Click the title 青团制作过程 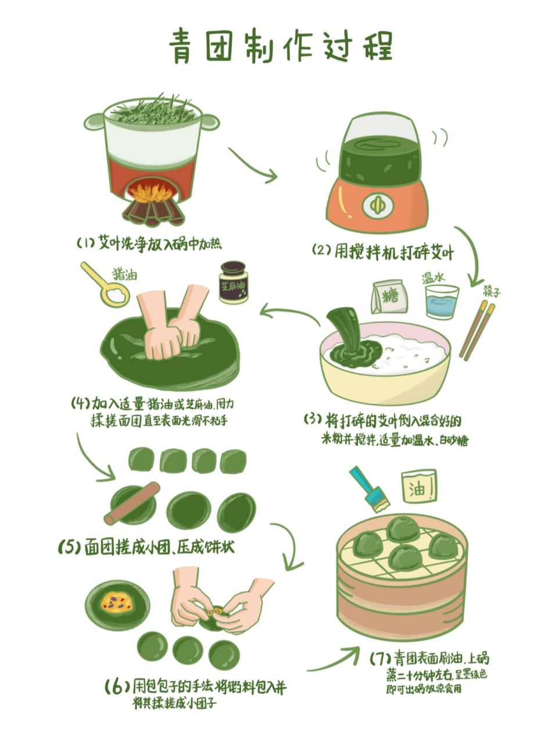point(281,48)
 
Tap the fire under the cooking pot point(152,192)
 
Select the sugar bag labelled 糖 point(390,298)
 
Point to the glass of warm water point(442,301)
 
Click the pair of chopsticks point(477,330)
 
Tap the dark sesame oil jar point(233,282)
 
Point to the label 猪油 point(124,274)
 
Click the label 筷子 point(492,292)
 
